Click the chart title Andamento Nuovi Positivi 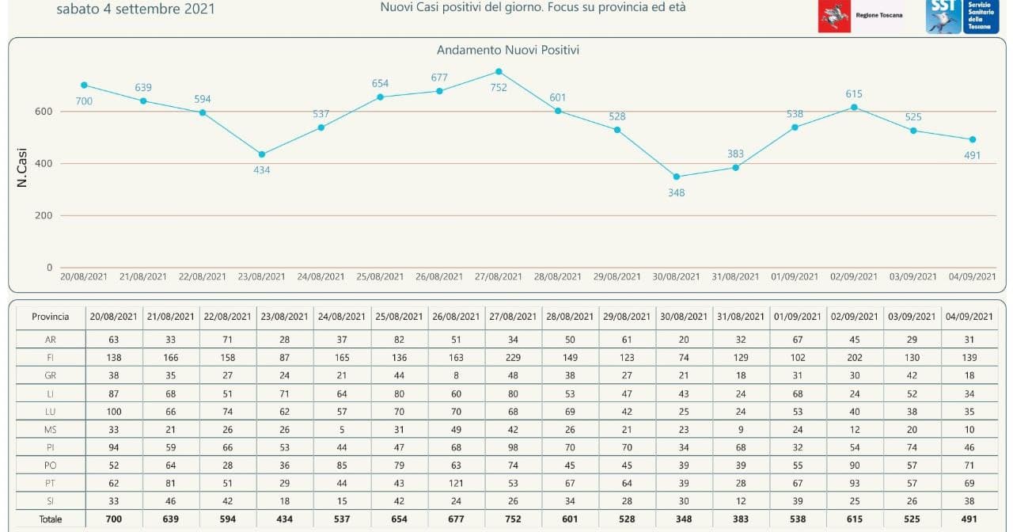(508, 50)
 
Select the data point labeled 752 (499, 71)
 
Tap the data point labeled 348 (676, 177)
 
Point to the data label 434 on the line (262, 169)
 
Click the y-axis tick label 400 (44, 163)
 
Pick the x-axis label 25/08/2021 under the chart (380, 276)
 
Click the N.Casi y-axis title (22, 167)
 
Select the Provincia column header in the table (51, 317)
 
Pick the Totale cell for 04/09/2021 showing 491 (969, 519)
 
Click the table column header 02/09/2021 (855, 317)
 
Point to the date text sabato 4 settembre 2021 (135, 9)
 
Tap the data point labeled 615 (854, 107)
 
